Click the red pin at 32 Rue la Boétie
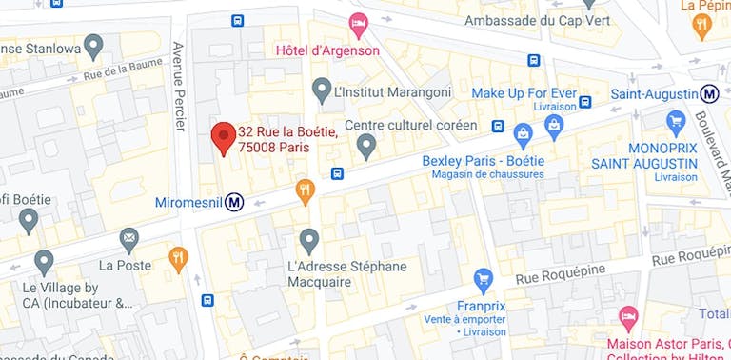223,137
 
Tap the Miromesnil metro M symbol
234,202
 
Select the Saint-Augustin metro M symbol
709,94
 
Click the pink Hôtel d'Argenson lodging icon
358,22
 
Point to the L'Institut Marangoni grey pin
322,90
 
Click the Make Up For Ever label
524,92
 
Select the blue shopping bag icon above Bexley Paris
523,131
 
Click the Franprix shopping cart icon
484,279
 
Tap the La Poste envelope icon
129,238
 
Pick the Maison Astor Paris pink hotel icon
628,315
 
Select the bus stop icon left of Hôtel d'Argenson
237,20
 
